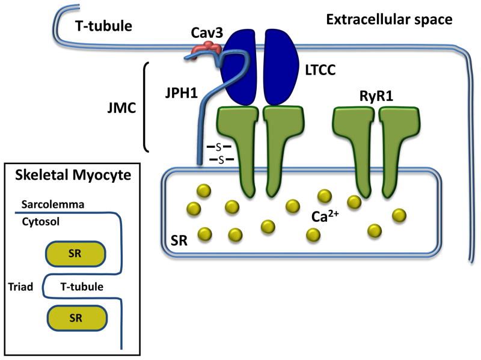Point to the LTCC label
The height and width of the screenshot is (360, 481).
coord(314,71)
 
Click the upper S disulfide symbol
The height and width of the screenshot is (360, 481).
coord(220,147)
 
